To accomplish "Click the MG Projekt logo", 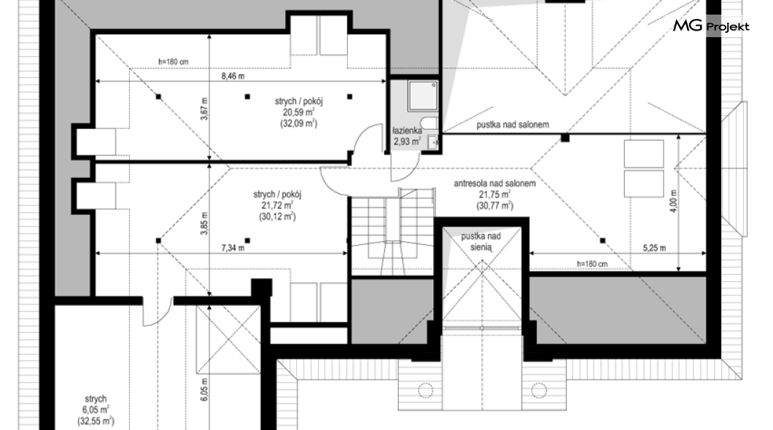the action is (711, 26).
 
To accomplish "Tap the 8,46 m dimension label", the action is (233, 77).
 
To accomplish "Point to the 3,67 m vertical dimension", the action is (205, 109).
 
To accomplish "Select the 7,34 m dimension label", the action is (233, 249).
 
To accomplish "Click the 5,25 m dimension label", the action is (654, 249).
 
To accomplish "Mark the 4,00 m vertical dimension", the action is (674, 201).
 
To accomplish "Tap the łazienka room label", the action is (407, 131).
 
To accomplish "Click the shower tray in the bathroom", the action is (422, 95).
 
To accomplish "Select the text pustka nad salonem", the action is (513, 125).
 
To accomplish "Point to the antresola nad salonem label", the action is (494, 184).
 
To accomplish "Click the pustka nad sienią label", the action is (481, 242).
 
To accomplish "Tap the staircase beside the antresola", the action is (392, 232).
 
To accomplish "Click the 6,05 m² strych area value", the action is (95, 410).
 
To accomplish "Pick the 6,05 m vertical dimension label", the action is (205, 389).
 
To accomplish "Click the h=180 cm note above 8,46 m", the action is (173, 62).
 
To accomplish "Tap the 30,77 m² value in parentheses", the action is (494, 206).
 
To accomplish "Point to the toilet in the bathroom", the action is (428, 123).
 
